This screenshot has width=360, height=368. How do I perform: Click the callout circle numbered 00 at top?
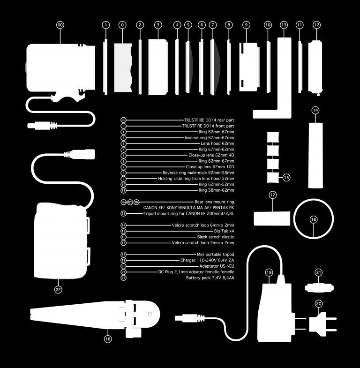60,25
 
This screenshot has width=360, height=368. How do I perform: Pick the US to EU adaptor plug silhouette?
322,322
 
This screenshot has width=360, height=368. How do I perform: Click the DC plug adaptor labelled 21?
319,288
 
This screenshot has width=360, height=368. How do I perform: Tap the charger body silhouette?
275,312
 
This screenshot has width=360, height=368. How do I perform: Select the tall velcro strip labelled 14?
315,155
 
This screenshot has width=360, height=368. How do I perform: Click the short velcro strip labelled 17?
272,218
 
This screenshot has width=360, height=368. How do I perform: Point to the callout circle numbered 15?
286,177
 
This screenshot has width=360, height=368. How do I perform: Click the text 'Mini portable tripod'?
216,255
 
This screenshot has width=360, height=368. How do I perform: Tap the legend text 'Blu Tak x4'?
224,231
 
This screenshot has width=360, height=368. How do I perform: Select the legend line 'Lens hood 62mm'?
217,143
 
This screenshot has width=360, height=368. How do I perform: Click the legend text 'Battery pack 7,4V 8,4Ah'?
210,278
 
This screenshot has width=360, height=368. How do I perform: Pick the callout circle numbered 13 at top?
284,25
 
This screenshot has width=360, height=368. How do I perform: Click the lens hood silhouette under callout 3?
158,67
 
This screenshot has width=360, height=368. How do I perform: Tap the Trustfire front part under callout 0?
123,68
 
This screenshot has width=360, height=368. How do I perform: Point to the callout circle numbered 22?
58,290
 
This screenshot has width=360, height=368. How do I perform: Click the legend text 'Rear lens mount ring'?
214,202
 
